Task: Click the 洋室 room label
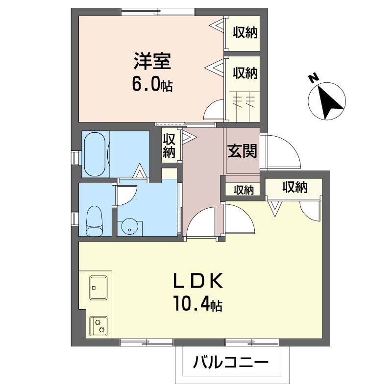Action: [x=152, y=61]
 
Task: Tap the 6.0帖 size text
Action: [x=152, y=84]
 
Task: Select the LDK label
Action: [x=198, y=281]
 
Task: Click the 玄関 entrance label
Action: [x=242, y=151]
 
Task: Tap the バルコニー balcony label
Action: [x=230, y=362]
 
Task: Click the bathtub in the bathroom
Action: [x=95, y=154]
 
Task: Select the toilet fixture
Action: [x=95, y=221]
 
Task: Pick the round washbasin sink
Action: [x=129, y=226]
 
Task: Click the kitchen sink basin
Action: [x=98, y=288]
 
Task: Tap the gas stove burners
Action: [x=98, y=326]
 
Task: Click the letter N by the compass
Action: [x=313, y=78]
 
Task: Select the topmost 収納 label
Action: [x=245, y=33]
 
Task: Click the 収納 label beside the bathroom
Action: [x=169, y=146]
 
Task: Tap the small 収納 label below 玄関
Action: [x=244, y=190]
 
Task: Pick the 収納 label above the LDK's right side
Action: [x=295, y=187]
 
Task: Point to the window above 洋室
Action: [x=158, y=12]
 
